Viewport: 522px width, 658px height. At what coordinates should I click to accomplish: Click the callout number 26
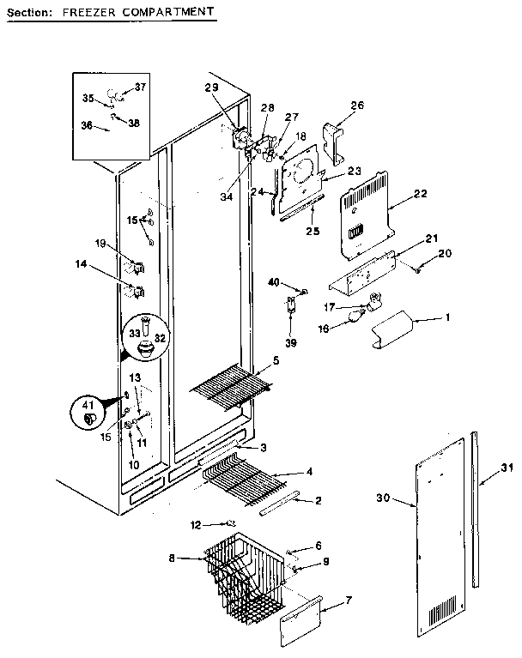(x=357, y=106)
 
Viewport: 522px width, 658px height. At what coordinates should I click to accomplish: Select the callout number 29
(x=212, y=88)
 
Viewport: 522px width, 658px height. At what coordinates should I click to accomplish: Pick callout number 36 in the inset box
(x=87, y=124)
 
